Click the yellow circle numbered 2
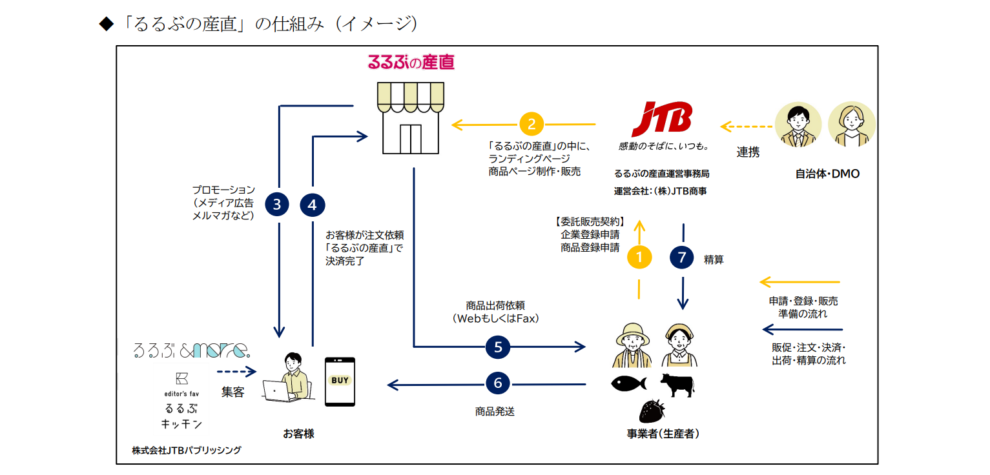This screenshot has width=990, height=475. [x=532, y=123]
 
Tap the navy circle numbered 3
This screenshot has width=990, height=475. [x=277, y=205]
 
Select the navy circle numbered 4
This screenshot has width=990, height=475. [x=313, y=205]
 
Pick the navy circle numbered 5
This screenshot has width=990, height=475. [x=498, y=347]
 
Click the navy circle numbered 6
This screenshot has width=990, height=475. [x=498, y=383]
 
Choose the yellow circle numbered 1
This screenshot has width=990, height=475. [x=639, y=257]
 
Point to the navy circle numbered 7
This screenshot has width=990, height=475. [x=682, y=257]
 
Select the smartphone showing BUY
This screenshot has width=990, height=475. [x=340, y=381]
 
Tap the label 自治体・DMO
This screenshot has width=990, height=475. [x=827, y=174]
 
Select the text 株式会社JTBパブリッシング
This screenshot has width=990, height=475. [x=187, y=450]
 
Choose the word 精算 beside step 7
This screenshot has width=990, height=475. [x=714, y=260]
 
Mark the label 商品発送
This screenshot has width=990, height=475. [x=495, y=411]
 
